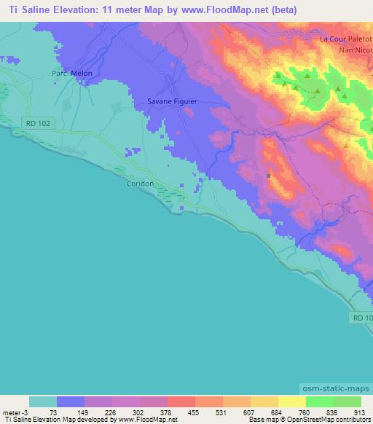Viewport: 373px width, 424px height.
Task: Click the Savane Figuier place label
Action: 172,102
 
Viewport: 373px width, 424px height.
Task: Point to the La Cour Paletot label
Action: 346,39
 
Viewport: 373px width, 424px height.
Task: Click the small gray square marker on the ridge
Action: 269,176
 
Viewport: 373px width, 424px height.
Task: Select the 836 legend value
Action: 332,412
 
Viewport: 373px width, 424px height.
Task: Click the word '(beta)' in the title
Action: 281,10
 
